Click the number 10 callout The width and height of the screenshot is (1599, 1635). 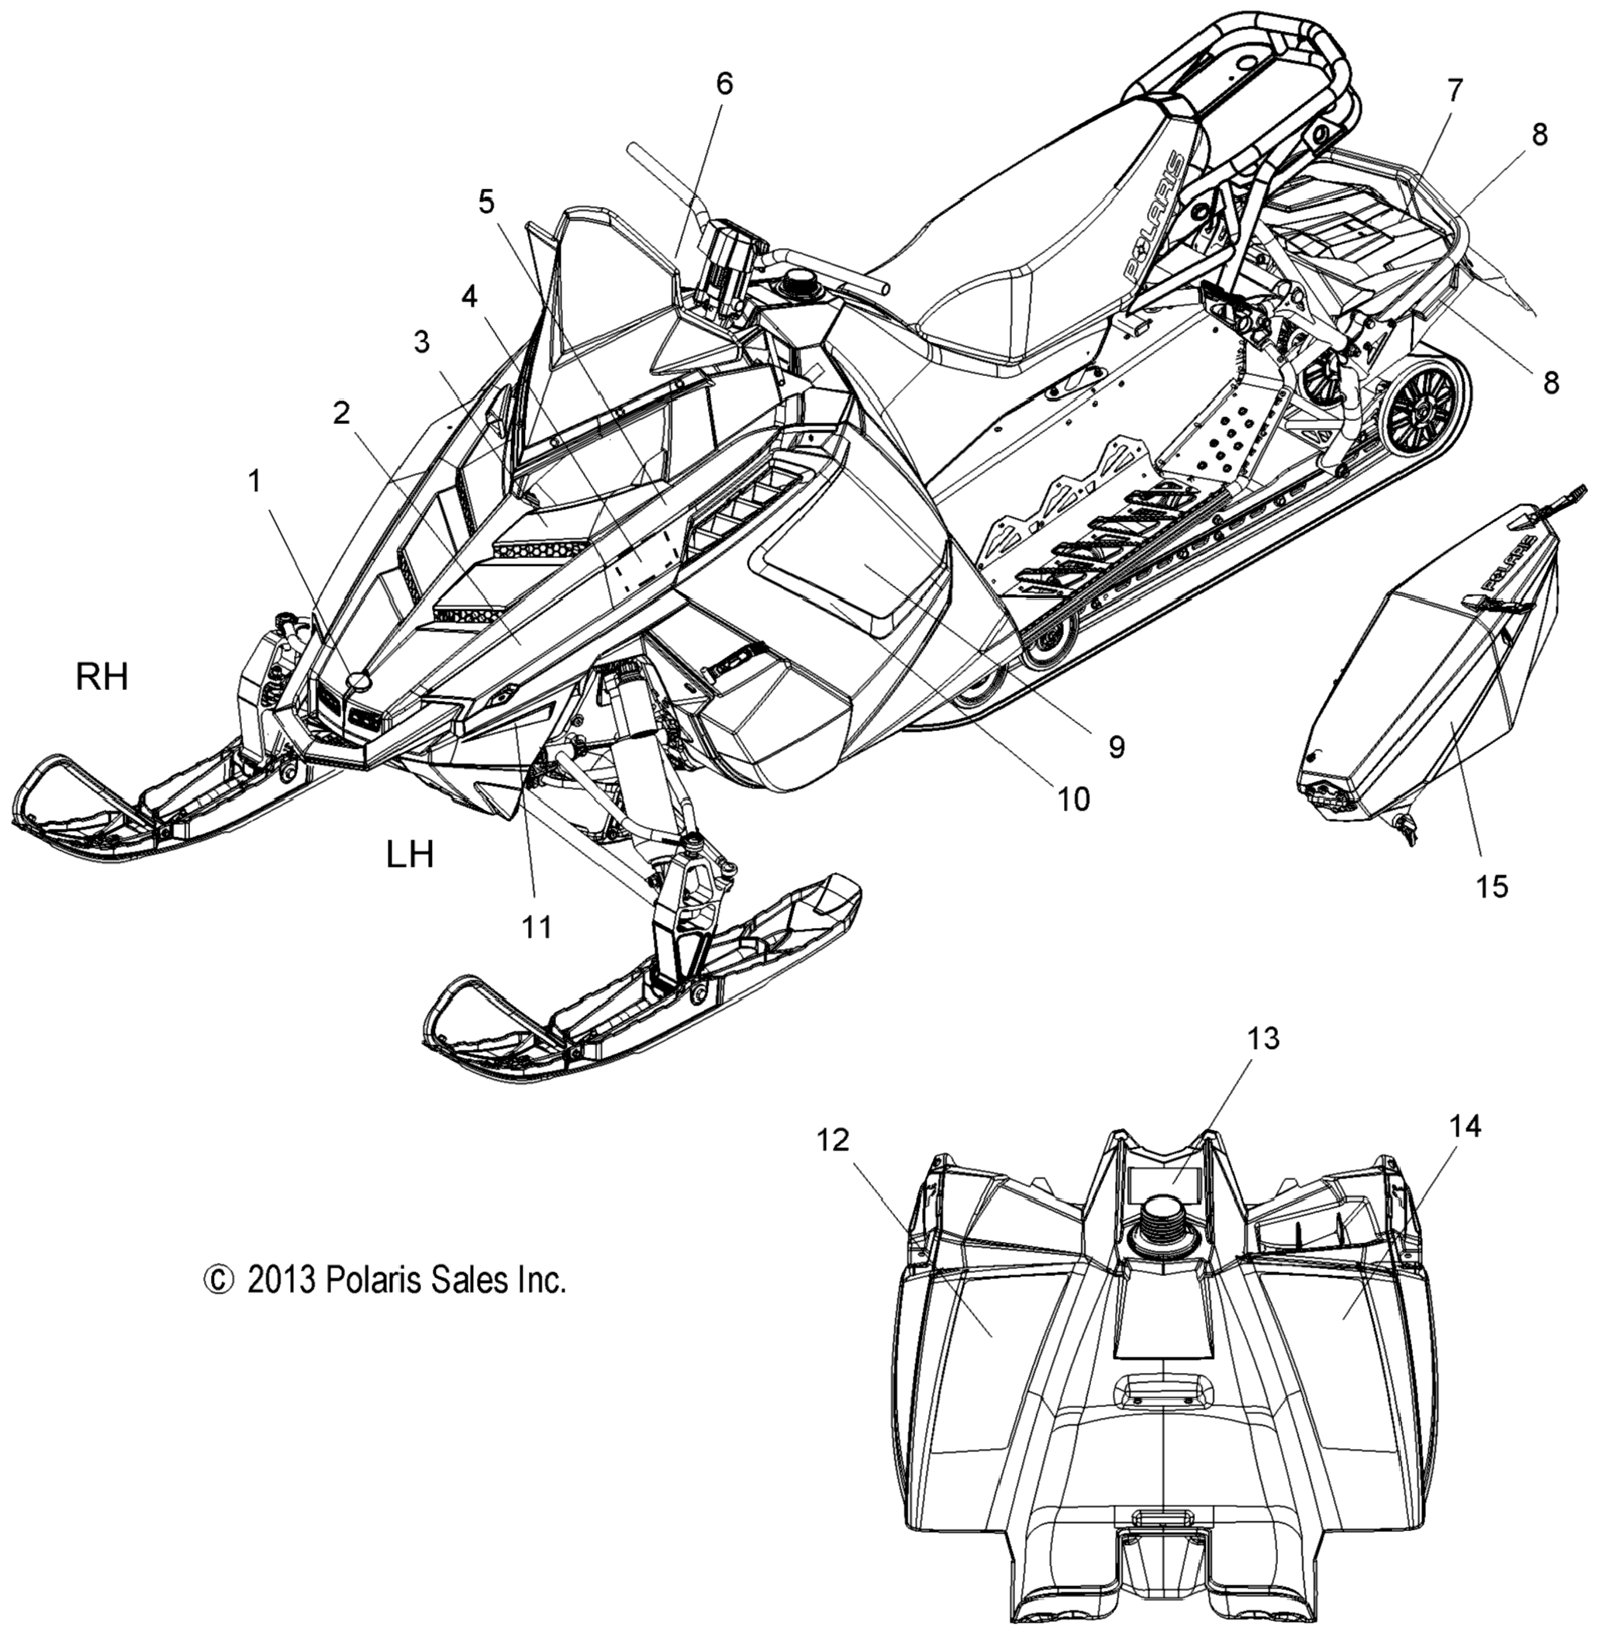[1073, 799]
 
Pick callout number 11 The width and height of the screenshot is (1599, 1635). [537, 927]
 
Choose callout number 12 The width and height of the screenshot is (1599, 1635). [831, 1140]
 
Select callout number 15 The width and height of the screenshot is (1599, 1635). [1491, 886]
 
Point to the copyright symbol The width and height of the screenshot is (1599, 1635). [216, 1303]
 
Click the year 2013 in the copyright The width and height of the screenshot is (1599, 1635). [280, 1303]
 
